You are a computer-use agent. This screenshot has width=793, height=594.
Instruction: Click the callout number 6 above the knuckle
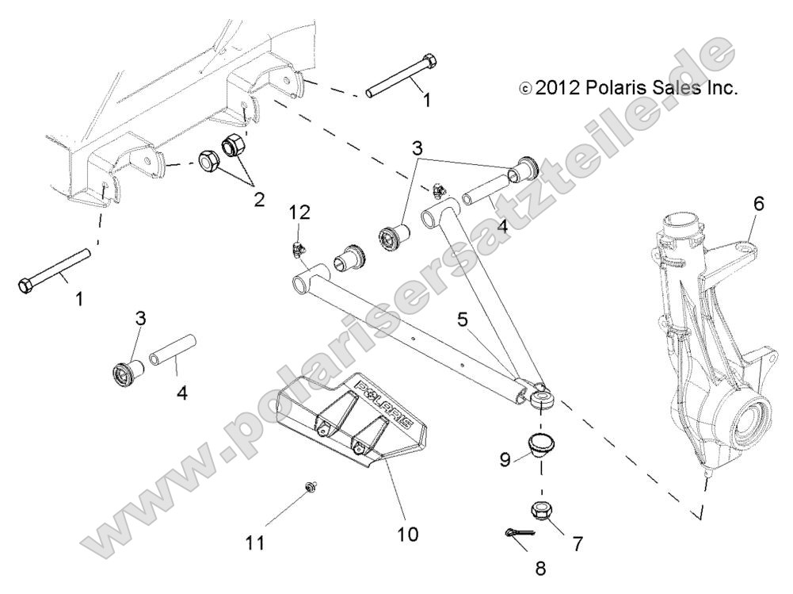pos(758,203)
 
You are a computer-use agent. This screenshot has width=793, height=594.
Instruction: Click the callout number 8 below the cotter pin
pos(540,568)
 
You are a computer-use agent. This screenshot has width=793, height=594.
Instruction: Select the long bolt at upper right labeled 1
pos(400,79)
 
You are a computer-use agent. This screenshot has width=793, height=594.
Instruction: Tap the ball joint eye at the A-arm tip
pos(542,397)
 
